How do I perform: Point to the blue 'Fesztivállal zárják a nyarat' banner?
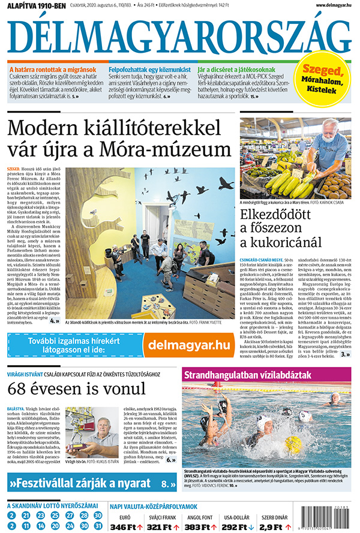[90, 483]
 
